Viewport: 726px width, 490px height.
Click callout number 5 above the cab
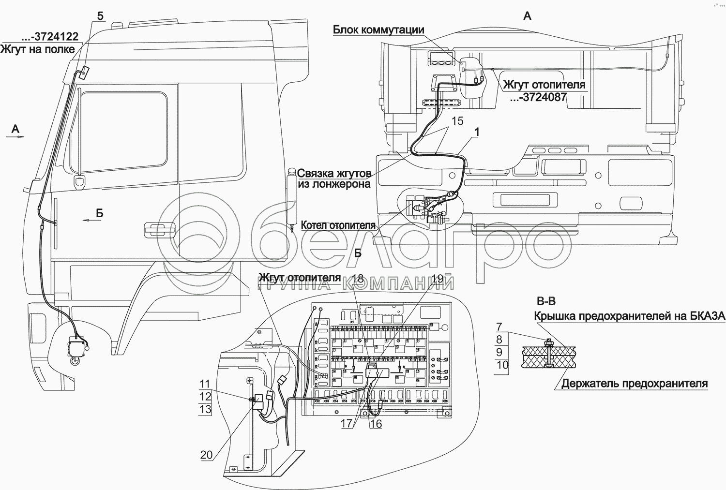tap(100, 16)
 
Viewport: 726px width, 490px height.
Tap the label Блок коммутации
tap(378, 30)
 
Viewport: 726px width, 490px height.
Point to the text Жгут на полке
tap(38, 49)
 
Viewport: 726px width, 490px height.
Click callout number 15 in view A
tap(457, 121)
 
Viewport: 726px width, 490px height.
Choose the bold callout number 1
tap(478, 132)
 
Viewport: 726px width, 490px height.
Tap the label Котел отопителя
tap(338, 225)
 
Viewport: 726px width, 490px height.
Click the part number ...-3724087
tap(538, 97)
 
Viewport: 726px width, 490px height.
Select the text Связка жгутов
tap(334, 174)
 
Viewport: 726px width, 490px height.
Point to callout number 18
tap(358, 278)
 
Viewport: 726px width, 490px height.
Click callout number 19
tap(437, 278)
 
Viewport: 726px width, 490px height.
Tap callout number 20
tap(207, 455)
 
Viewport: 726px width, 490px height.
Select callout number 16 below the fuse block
tap(376, 424)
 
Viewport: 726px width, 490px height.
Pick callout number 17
tap(347, 423)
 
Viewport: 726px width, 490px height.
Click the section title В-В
tap(546, 302)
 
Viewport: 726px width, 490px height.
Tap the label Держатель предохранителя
tap(635, 384)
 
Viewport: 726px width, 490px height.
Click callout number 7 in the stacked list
tap(499, 327)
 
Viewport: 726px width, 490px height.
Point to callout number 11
tap(206, 385)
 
